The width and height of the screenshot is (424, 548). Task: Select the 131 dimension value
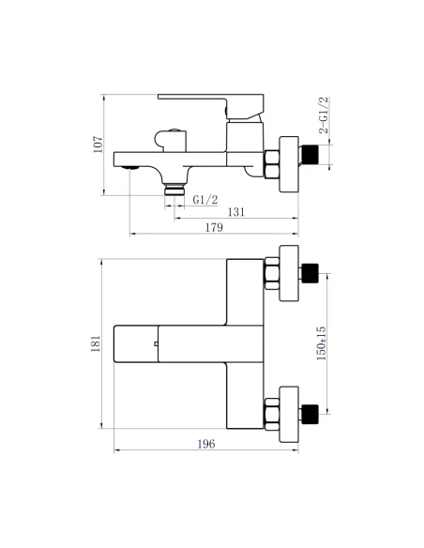tap(237, 213)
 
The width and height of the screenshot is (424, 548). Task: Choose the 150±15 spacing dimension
tap(321, 342)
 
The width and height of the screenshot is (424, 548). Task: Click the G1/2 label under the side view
tap(205, 200)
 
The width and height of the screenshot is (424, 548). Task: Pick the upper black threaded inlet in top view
tap(311, 274)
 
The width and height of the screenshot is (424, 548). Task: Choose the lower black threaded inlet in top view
tap(311, 409)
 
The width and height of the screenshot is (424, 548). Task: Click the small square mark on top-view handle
tap(157, 347)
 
